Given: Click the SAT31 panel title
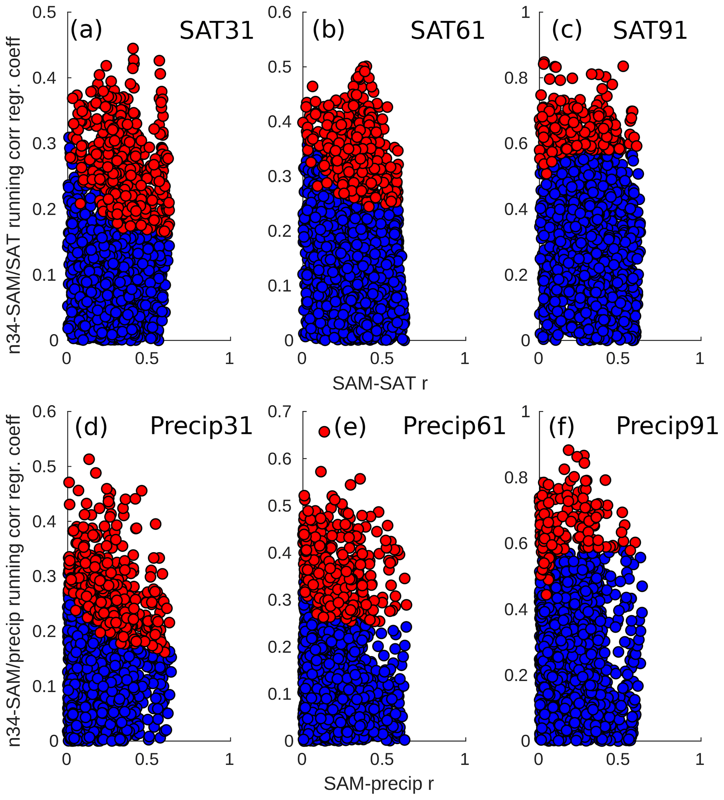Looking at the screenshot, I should pos(216,30).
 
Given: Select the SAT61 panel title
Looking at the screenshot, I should pos(447,30).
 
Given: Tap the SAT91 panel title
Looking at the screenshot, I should pos(650,30).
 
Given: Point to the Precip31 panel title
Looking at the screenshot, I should pos(201,426).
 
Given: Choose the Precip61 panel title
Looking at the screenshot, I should pos(454,426).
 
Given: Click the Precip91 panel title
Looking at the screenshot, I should pos(667,426).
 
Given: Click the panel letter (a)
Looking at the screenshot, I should pos(86,30).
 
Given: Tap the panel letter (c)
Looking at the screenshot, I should pos(567,30).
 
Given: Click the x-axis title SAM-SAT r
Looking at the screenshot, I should pos(379,383).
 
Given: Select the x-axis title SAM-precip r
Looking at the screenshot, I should pos(379,783).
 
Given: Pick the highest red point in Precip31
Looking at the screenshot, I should pos(89,459).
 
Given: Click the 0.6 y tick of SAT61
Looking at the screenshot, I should pos(280,12).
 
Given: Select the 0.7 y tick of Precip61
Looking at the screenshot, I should pos(280,412).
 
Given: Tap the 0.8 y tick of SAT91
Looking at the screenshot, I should pos(516,78).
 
